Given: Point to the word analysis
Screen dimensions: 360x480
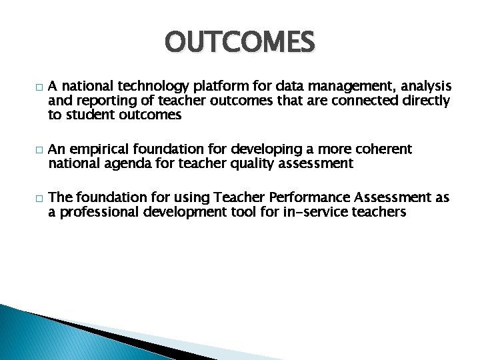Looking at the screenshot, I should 423,87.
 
